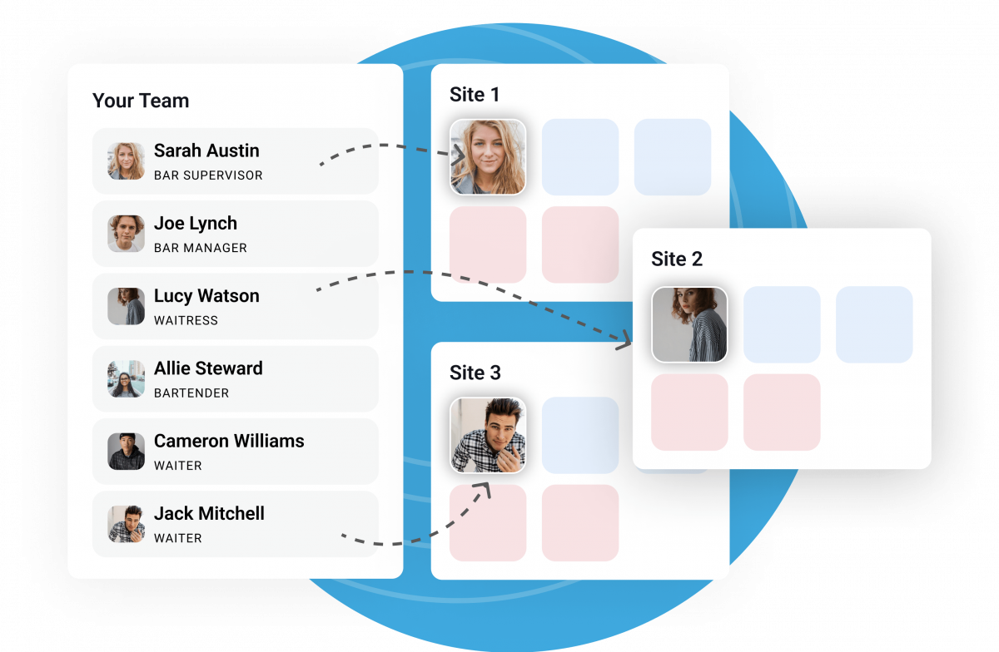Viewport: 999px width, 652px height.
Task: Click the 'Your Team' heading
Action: point(141,101)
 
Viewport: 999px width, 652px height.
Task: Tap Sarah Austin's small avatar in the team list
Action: point(127,161)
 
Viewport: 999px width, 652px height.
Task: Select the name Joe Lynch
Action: point(196,224)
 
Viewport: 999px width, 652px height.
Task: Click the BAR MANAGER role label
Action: point(201,248)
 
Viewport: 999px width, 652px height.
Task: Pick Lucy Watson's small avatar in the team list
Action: point(127,306)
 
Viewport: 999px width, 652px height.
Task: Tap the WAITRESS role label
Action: point(186,320)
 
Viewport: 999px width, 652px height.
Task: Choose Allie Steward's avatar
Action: point(127,378)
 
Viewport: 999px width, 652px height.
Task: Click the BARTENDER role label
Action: point(191,393)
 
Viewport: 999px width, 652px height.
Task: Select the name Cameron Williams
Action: point(229,441)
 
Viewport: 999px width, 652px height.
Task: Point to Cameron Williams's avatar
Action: point(127,452)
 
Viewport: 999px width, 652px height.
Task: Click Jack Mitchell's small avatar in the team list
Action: point(127,524)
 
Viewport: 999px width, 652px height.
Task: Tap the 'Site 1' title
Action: point(475,95)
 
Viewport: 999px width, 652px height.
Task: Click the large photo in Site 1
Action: point(488,157)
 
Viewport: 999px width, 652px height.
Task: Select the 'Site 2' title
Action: point(677,259)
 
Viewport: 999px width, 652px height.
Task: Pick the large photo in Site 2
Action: point(689,325)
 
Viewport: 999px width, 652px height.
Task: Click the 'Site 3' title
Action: point(475,373)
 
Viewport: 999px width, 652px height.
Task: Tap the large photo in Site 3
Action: point(488,435)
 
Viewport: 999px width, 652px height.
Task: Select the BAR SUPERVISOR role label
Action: point(208,175)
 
